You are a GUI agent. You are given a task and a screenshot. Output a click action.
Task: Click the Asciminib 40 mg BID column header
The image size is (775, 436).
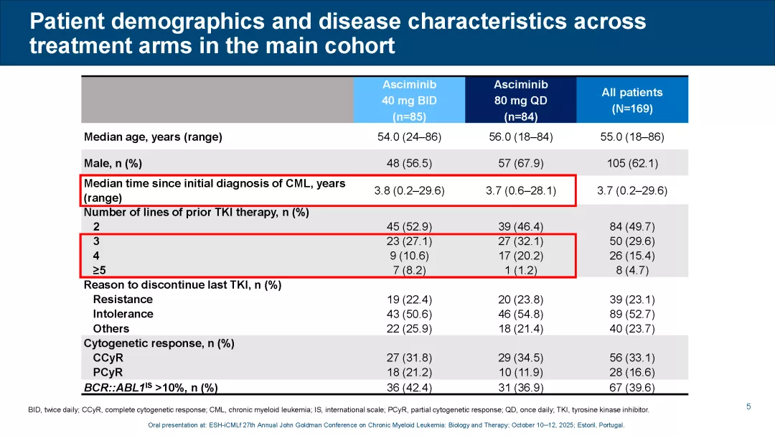tap(409, 100)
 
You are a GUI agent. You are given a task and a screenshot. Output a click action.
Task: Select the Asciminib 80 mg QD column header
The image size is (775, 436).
tap(520, 100)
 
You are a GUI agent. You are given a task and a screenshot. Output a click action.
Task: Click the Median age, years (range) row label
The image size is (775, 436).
tap(153, 136)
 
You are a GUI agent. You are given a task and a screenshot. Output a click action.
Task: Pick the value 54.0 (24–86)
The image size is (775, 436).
tap(409, 136)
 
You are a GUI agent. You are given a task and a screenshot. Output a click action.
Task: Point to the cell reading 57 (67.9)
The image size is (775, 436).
tap(520, 163)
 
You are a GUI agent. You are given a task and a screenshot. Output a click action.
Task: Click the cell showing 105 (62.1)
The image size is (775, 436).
tap(631, 163)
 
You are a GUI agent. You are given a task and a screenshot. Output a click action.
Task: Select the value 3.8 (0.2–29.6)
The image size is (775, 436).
tap(409, 190)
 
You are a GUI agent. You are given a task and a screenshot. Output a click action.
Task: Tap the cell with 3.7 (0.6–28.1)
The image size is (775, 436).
tap(520, 190)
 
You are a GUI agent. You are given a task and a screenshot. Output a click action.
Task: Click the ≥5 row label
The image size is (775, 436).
tap(99, 270)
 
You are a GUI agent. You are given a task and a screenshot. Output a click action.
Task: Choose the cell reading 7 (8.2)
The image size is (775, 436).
tap(409, 270)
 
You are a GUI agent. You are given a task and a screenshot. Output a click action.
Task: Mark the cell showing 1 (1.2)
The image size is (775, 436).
tap(520, 270)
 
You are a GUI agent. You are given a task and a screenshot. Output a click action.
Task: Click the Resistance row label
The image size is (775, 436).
tap(123, 299)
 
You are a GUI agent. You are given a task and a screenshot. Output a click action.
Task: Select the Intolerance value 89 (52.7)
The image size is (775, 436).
tap(631, 314)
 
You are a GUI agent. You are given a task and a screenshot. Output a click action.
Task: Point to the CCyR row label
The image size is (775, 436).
tap(108, 358)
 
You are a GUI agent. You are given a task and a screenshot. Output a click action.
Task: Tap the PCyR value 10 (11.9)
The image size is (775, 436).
tap(520, 372)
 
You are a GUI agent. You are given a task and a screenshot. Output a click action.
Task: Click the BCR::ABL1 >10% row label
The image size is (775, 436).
tap(151, 388)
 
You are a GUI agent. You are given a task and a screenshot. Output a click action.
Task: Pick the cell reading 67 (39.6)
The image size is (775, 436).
tap(631, 388)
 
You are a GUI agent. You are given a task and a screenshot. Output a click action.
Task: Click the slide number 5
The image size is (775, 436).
tap(748, 407)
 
